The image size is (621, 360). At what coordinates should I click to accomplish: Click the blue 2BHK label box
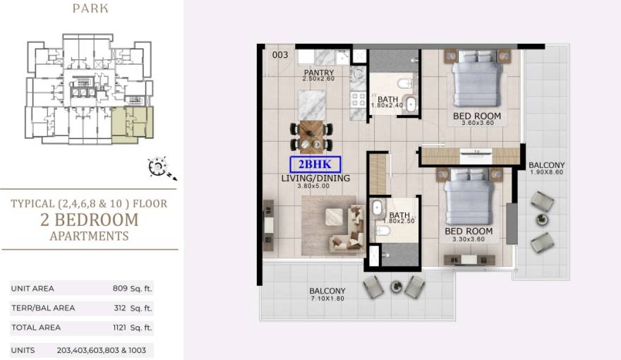[315, 164]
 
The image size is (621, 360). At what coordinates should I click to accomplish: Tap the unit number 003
[280, 54]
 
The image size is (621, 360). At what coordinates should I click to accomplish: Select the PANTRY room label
[318, 73]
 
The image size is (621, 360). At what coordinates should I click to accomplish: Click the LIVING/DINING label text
[315, 178]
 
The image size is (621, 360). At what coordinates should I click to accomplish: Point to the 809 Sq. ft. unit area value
[132, 288]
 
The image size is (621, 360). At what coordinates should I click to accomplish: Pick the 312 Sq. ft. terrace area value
[133, 308]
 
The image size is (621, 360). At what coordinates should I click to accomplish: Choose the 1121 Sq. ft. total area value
[132, 328]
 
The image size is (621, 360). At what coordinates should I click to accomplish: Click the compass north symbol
[162, 168]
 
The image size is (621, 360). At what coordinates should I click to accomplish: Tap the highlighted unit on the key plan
[132, 123]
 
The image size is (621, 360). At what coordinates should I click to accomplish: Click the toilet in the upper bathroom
[405, 83]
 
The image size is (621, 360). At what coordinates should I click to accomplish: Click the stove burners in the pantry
[358, 99]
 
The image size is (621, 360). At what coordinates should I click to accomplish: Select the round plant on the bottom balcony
[396, 286]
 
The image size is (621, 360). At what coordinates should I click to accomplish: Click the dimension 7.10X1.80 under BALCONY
[327, 299]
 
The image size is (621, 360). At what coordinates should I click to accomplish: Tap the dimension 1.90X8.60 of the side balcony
[546, 172]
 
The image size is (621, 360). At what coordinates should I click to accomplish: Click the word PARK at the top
[90, 8]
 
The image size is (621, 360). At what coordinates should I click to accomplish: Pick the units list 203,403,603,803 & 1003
[102, 350]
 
